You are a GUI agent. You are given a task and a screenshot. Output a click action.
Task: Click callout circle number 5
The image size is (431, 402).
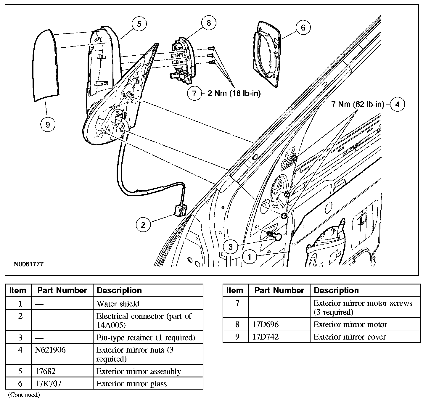139,24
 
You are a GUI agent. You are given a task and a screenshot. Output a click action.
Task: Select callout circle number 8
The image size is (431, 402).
209,23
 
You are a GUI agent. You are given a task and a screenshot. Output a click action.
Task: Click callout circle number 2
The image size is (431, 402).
143,225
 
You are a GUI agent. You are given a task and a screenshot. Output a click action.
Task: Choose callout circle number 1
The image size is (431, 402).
250,257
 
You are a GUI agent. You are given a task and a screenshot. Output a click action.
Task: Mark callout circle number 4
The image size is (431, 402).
397,104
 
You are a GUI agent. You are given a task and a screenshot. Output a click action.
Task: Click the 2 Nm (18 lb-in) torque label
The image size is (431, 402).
234,94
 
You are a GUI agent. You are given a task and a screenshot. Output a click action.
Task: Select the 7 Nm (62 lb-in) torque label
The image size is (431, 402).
358,104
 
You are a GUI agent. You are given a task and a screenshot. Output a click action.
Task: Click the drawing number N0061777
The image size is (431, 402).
29,264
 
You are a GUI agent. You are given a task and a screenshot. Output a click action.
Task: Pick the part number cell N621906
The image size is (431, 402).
50,350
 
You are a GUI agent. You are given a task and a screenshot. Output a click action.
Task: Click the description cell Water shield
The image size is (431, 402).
118,304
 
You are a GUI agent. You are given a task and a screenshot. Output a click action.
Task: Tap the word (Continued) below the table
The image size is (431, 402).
24,395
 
